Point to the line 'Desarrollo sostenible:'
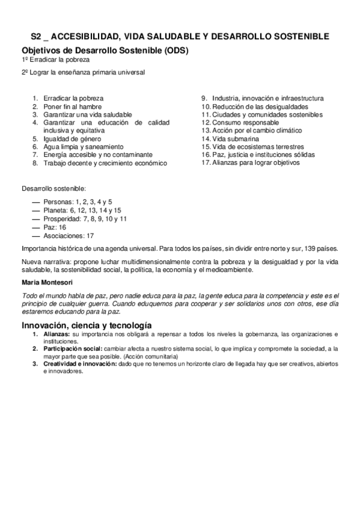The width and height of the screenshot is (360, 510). [x=53, y=188]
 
